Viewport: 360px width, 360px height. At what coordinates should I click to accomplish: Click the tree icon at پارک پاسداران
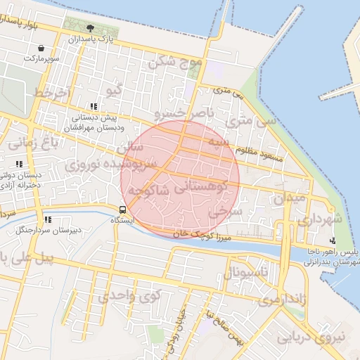[x=89, y=27]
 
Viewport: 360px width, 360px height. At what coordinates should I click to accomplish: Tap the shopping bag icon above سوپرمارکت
[x=41, y=48]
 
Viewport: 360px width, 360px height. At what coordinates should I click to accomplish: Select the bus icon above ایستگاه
[x=123, y=209]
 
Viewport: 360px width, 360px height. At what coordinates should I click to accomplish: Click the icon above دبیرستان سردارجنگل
[x=46, y=219]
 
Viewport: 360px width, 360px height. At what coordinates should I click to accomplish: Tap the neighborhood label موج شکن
[x=174, y=63]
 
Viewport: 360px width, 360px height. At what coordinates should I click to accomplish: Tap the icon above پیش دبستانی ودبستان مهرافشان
[x=94, y=106]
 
